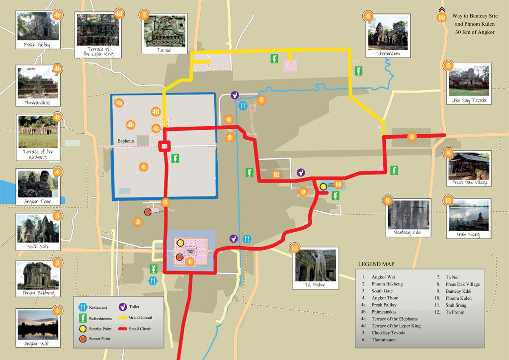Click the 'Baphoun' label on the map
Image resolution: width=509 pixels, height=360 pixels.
coord(126,141)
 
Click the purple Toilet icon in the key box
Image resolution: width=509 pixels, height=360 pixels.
coord(122,307)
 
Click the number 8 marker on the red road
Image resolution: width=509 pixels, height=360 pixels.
coord(411,137)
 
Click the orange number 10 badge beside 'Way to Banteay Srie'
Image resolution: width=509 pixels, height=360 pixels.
coord(441,17)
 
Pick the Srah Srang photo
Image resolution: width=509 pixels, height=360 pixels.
coord(469,213)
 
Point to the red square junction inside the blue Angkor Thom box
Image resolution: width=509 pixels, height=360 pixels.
coord(165,146)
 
